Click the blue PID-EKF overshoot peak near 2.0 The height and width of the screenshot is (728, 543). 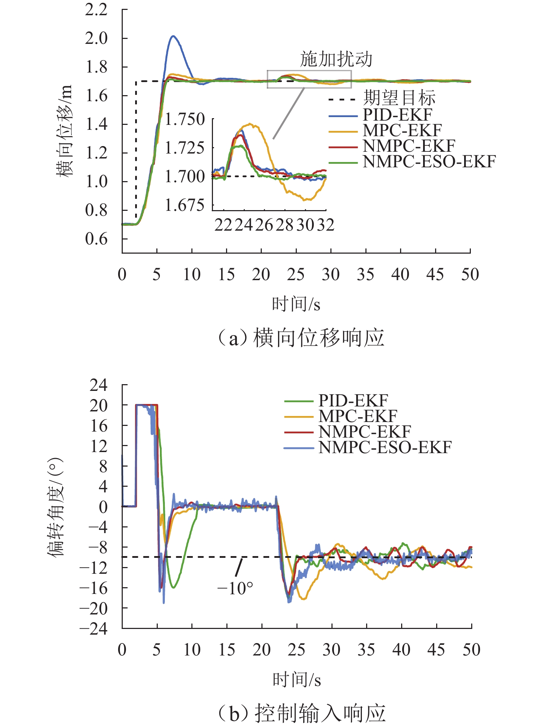[x=173, y=36]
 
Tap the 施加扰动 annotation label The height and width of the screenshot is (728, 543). [x=336, y=59]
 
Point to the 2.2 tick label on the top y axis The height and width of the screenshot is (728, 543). [x=96, y=10]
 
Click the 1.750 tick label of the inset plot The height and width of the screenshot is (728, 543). [x=185, y=119]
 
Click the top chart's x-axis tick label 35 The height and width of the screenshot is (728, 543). [x=365, y=275]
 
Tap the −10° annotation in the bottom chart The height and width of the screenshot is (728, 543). [x=235, y=589]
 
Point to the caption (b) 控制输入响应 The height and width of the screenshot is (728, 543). [x=301, y=713]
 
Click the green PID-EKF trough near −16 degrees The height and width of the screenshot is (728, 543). [x=173, y=588]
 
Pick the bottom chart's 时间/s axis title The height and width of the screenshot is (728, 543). [x=296, y=680]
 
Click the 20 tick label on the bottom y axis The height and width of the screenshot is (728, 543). [x=98, y=405]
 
